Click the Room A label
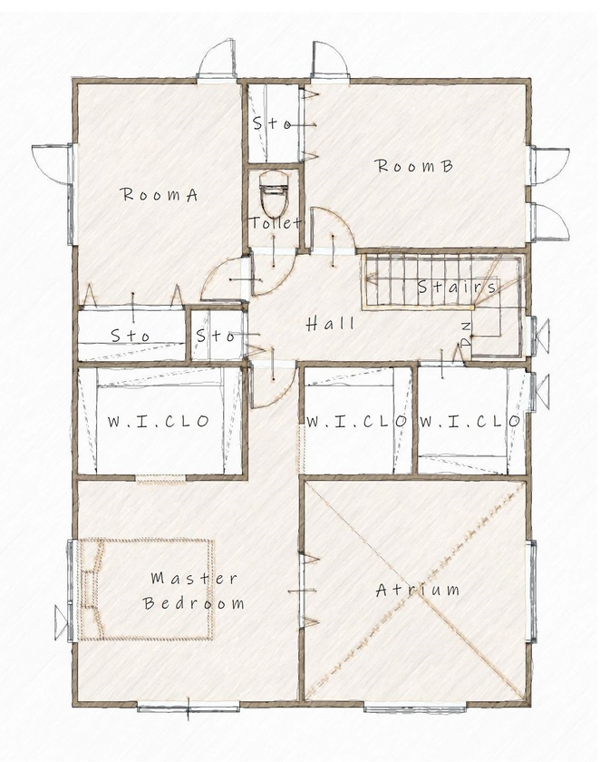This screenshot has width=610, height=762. coord(160,194)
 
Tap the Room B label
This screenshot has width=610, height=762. coord(414,166)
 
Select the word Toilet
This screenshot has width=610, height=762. coord(275,222)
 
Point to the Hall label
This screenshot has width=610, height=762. coord(330,324)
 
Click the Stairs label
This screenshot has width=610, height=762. coord(457,288)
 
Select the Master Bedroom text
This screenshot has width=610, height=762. coord(193,591)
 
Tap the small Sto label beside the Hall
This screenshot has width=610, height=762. coord(217,336)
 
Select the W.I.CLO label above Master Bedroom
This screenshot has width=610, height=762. coord(159,421)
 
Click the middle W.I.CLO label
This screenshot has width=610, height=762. coord(354,421)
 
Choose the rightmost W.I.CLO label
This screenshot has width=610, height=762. coord(469,421)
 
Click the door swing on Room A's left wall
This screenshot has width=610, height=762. coord(49,163)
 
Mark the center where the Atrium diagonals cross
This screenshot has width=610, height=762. coord(416,591)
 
